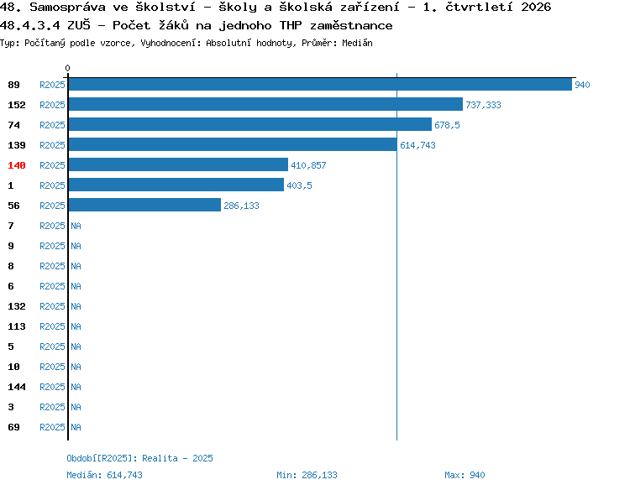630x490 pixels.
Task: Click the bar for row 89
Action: pos(320,84)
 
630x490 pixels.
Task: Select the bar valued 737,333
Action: pos(265,104)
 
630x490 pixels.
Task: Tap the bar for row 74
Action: pos(250,124)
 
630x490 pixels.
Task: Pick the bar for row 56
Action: pos(144,205)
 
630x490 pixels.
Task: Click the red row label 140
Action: pos(17,165)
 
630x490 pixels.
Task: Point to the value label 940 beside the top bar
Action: pos(582,85)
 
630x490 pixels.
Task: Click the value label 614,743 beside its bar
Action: pos(417,145)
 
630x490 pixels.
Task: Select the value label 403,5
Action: pos(299,185)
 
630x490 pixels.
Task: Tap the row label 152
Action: pos(17,105)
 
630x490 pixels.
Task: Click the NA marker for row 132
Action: pos(76,306)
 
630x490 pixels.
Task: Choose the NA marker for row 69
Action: pos(76,427)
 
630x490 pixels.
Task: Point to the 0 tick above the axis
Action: pos(67,68)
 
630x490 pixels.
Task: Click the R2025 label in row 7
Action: pos(52,226)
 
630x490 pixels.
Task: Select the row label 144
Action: pos(17,387)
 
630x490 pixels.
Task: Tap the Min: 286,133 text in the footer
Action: pos(307,475)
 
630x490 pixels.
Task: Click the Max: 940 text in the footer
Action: pos(465,475)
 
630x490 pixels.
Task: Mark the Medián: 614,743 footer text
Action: pos(104,475)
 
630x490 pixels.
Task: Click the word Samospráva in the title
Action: pos(67,7)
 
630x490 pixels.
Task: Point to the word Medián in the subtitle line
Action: pos(357,43)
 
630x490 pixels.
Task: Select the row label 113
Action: pos(17,326)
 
